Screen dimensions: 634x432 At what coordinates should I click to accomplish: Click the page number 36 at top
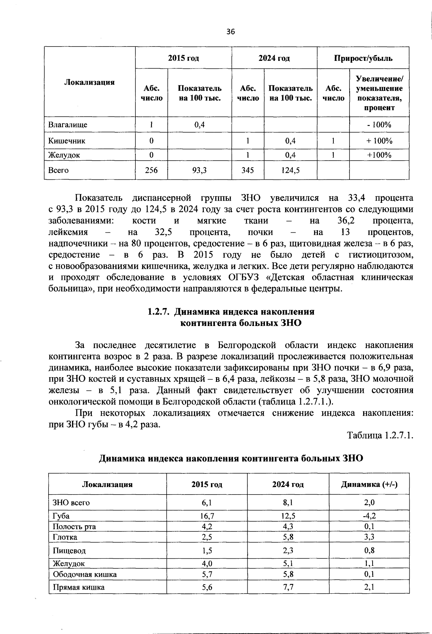pyautogui.click(x=230, y=32)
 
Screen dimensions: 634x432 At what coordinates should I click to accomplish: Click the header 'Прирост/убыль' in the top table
pyautogui.click(x=363, y=58)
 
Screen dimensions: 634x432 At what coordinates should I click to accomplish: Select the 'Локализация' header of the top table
pyautogui.click(x=89, y=82)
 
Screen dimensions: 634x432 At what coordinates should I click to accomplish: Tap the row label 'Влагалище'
pyautogui.click(x=68, y=125)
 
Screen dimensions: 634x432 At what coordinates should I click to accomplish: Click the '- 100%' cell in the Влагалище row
pyautogui.click(x=379, y=125)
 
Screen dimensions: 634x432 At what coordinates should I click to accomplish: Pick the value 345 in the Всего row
pyautogui.click(x=248, y=170)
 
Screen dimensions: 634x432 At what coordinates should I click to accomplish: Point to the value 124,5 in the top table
pyautogui.click(x=291, y=170)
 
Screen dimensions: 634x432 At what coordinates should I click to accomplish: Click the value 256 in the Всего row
pyautogui.click(x=151, y=170)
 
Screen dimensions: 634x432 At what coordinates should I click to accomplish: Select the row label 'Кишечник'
pyautogui.click(x=67, y=141)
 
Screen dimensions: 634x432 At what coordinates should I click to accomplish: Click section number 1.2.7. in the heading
pyautogui.click(x=158, y=312)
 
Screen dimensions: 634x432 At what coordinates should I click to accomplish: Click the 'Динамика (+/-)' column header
pyautogui.click(x=369, y=485)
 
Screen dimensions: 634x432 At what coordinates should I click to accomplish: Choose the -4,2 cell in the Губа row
pyautogui.click(x=369, y=515)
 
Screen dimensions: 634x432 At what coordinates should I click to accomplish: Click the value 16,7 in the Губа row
pyautogui.click(x=207, y=515)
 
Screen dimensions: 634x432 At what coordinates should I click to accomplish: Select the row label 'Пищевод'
pyautogui.click(x=69, y=550)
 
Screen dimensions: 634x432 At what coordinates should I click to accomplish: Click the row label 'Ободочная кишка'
pyautogui.click(x=85, y=574)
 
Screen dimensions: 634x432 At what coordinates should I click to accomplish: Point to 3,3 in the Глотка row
pyautogui.click(x=369, y=537)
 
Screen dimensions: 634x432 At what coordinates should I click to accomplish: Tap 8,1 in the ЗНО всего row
pyautogui.click(x=288, y=503)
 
